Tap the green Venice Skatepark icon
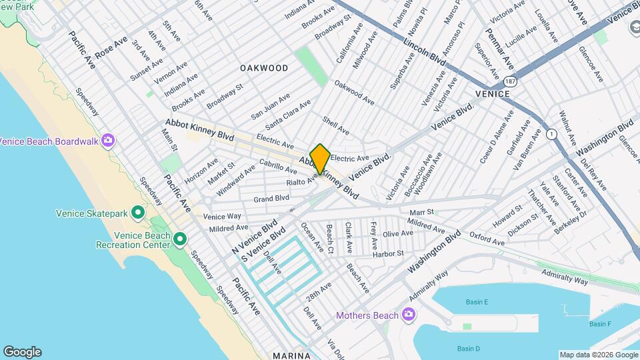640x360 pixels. (x=138, y=213)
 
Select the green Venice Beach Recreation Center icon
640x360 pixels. (x=179, y=239)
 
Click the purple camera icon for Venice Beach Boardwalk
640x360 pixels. (x=108, y=141)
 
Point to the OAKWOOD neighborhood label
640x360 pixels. (x=264, y=68)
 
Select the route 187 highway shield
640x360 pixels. (x=511, y=81)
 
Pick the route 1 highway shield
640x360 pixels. (x=551, y=134)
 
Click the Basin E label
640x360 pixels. (x=477, y=302)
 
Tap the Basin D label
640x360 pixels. (x=469, y=349)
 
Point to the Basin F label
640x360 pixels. (x=600, y=324)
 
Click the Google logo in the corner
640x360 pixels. (x=22, y=352)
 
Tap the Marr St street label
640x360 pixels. (x=421, y=212)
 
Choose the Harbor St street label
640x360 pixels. (x=389, y=254)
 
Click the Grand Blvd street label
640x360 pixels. (x=271, y=198)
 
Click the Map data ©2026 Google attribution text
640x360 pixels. (x=598, y=355)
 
